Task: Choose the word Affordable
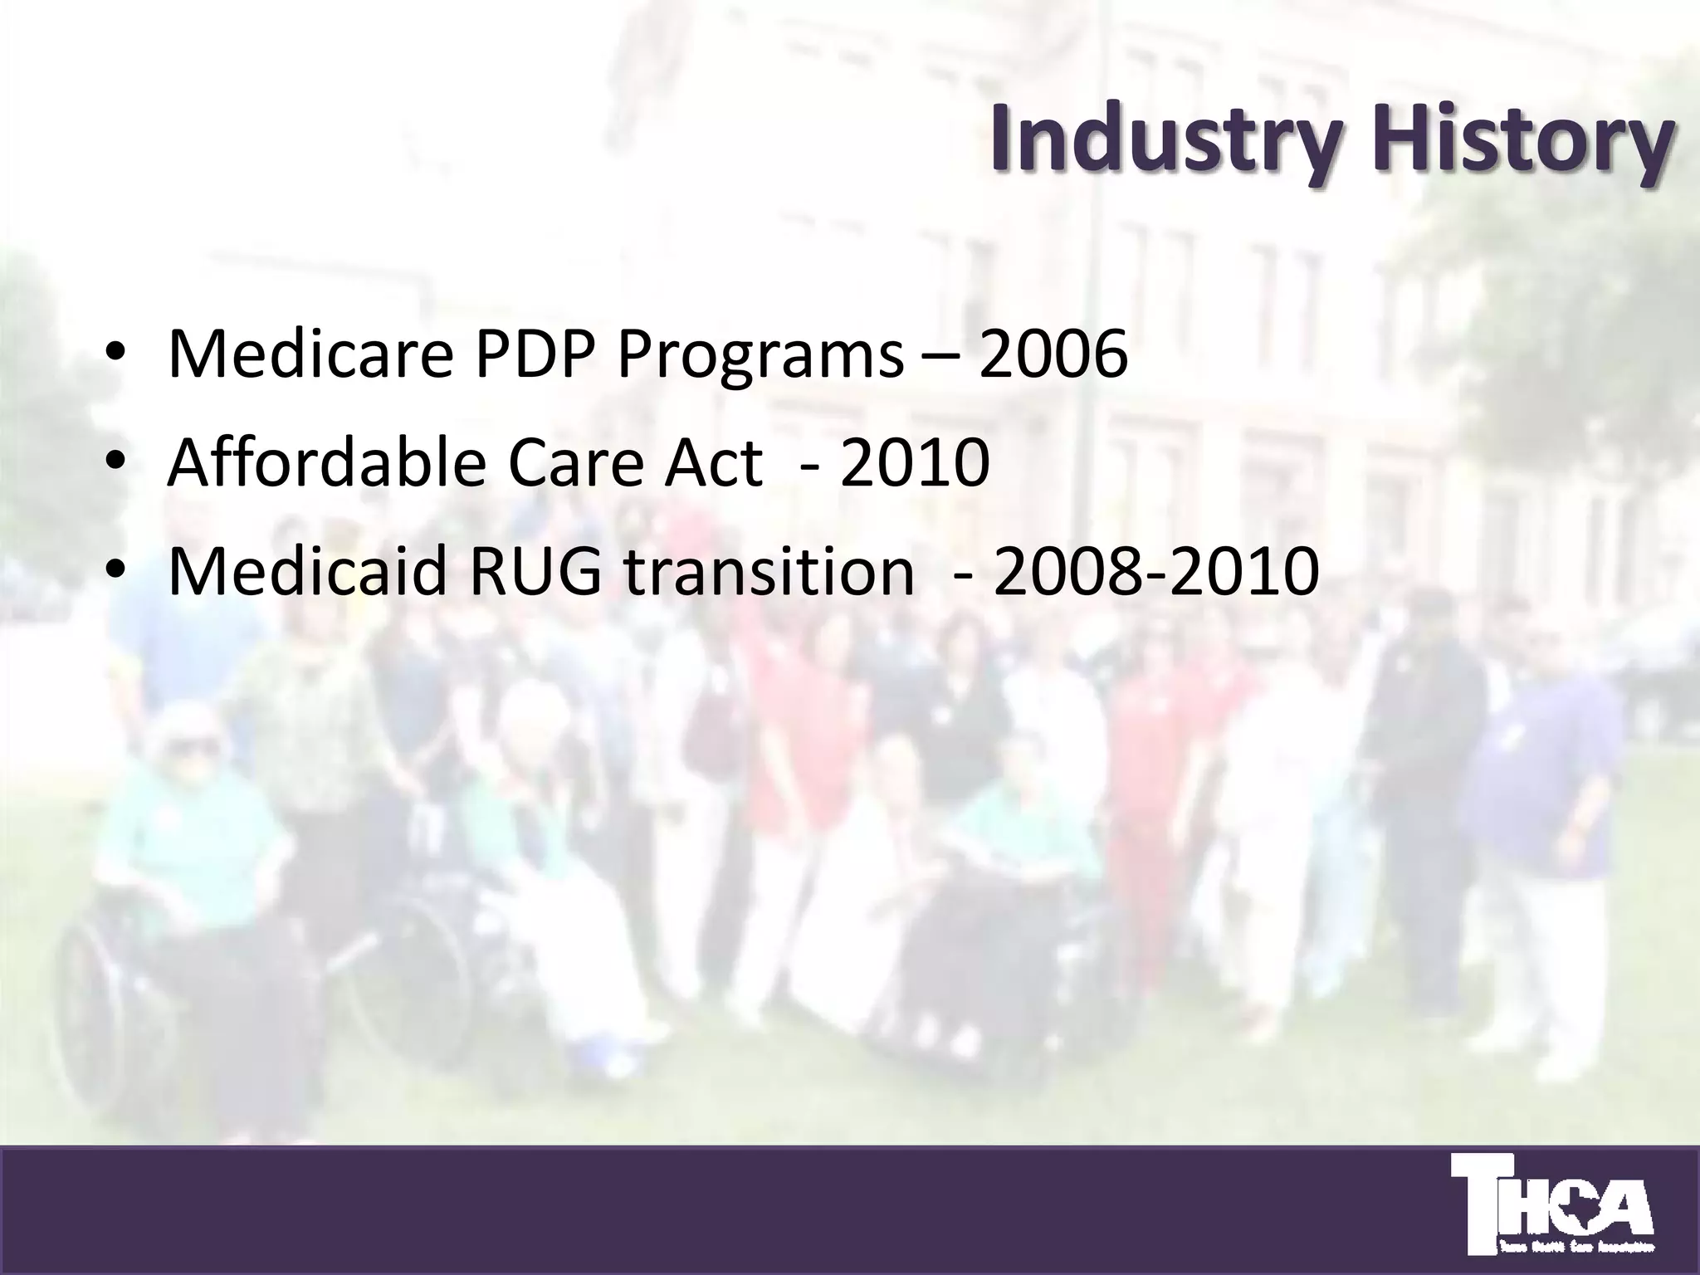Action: (x=327, y=463)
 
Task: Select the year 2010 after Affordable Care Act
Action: (x=914, y=463)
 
